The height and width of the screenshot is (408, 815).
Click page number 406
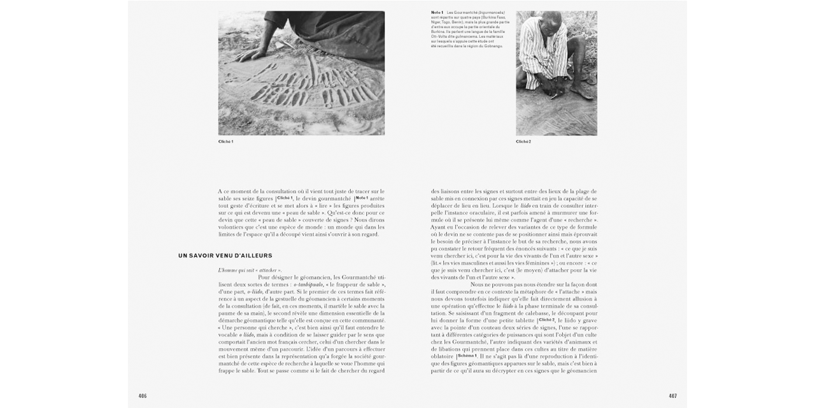pos(143,396)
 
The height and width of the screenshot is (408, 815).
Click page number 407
pos(672,396)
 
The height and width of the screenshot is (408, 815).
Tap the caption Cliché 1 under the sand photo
pos(225,142)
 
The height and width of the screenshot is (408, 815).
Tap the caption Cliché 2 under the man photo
pos(523,142)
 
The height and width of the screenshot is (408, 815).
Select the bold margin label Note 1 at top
pos(437,12)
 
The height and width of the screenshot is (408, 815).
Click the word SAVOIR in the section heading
pos(203,256)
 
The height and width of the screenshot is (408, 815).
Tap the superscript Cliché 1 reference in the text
pos(285,198)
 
